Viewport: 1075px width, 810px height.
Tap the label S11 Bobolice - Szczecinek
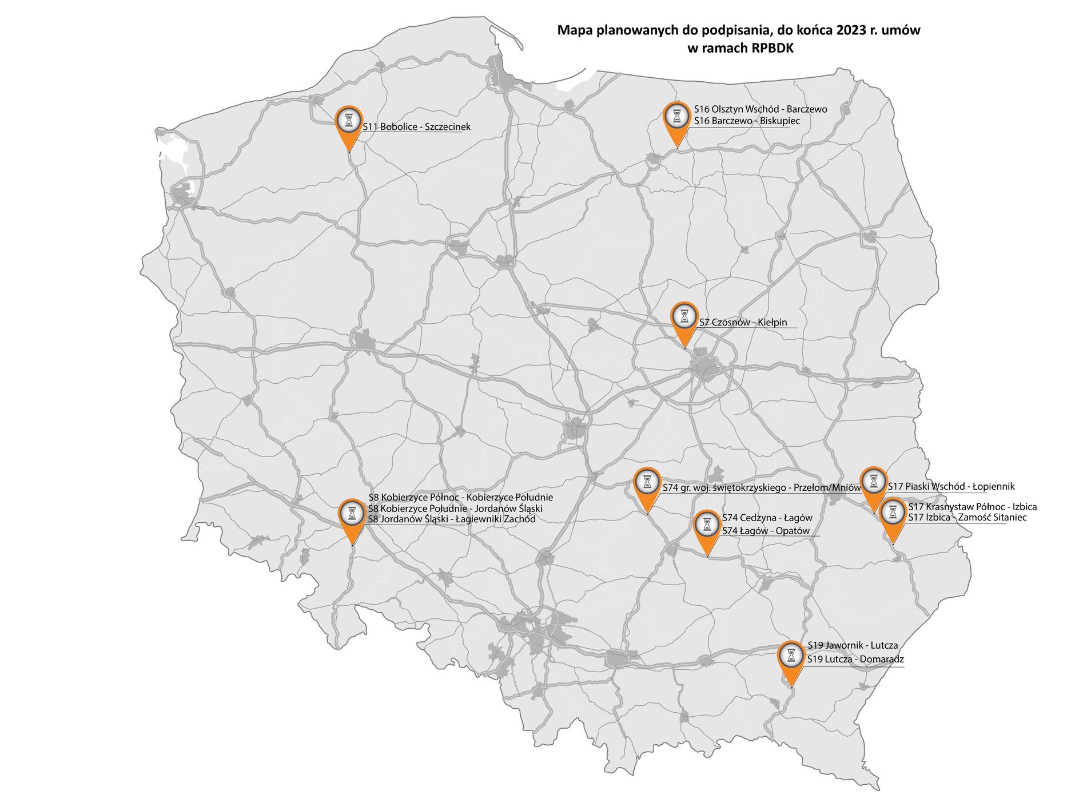tap(416, 127)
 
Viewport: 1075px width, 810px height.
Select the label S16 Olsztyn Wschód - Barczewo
tap(760, 109)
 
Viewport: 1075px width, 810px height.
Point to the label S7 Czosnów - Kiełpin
tap(743, 323)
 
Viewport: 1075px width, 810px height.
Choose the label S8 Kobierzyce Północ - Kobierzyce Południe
tap(460, 498)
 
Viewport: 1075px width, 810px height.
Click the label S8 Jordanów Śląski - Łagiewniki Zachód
tap(452, 519)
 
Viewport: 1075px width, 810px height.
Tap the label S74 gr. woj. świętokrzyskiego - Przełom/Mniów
tap(761, 488)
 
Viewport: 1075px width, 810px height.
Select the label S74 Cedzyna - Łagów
tap(767, 518)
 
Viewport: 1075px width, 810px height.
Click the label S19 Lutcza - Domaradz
tap(855, 659)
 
